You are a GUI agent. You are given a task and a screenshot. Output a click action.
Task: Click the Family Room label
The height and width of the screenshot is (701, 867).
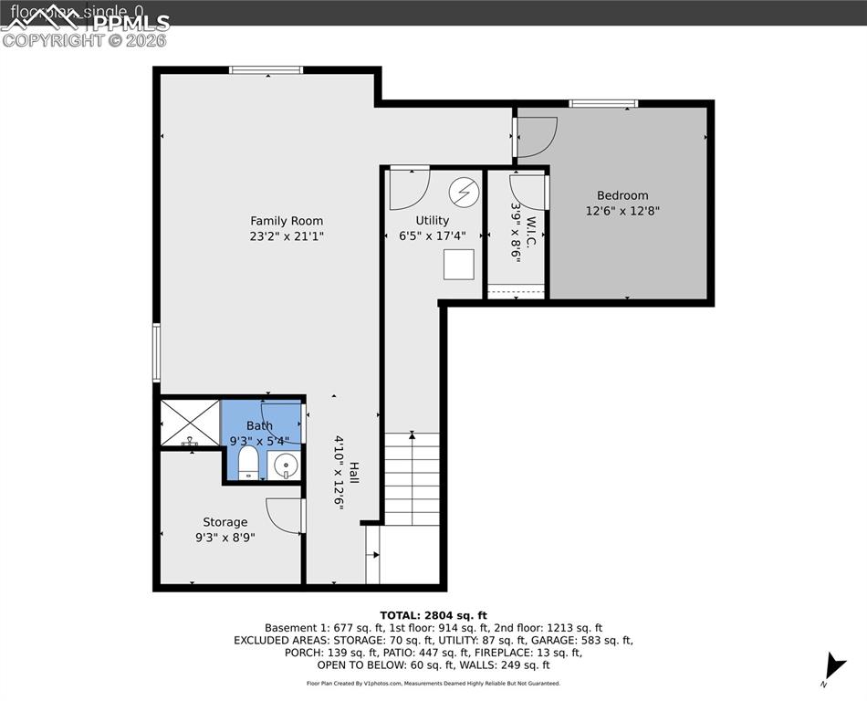(287, 221)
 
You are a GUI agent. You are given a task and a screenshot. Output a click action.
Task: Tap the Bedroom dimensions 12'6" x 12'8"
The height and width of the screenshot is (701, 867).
(622, 211)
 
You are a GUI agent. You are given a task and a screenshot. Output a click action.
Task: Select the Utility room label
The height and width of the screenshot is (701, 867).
(432, 221)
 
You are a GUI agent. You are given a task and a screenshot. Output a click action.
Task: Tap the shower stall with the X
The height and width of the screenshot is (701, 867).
(191, 422)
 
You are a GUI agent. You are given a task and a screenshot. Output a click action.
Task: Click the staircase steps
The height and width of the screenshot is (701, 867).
(412, 479)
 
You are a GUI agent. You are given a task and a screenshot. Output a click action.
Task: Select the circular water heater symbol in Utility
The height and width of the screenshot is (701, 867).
(464, 192)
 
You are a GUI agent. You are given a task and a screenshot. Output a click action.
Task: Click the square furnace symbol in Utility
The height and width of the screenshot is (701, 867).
(459, 264)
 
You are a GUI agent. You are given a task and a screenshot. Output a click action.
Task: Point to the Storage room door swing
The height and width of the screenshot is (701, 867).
(285, 516)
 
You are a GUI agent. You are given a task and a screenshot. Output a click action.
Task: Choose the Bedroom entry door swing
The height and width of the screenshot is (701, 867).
(537, 137)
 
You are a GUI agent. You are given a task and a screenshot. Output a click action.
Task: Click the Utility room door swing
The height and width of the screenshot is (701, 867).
(408, 189)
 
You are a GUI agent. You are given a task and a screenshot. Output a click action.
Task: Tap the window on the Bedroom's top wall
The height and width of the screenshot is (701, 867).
(603, 103)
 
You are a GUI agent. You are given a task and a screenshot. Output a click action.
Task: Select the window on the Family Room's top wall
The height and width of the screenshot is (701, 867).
(266, 69)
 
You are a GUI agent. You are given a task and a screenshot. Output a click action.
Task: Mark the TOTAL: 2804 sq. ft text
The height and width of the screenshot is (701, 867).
(433, 615)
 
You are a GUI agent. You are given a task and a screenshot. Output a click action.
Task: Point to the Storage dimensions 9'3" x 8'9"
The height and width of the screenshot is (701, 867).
(225, 538)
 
